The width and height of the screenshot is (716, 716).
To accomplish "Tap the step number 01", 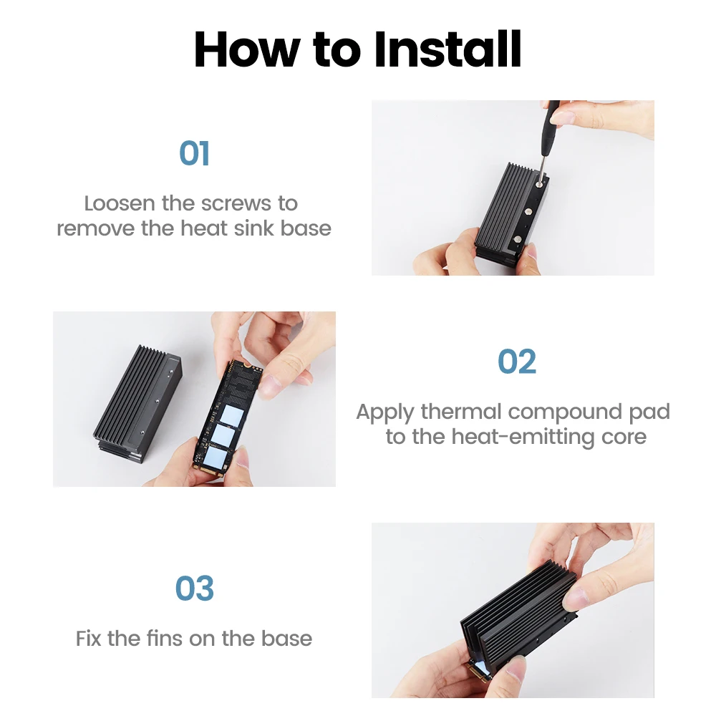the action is [195, 153].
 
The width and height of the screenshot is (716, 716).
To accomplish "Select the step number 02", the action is [516, 362].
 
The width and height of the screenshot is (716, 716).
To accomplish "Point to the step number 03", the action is [195, 588].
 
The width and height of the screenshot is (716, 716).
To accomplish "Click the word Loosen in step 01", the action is [119, 203].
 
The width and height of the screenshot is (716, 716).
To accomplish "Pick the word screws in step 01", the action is [236, 204].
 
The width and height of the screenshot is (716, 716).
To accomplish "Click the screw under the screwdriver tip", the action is [539, 185].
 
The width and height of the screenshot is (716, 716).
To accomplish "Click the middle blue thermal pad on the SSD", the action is [223, 435].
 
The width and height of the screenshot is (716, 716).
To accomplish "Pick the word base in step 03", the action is [287, 639].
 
